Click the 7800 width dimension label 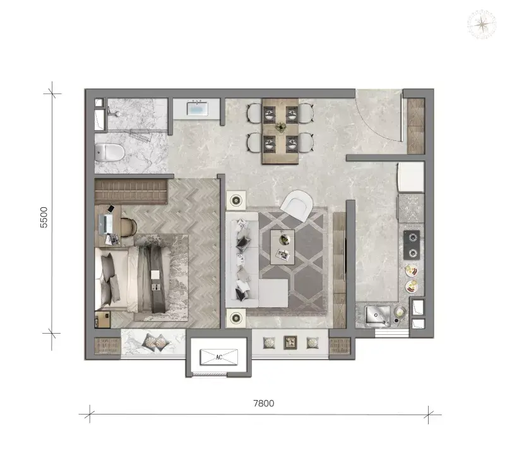coord(264,403)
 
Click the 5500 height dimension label coord(44,217)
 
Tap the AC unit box coord(219,357)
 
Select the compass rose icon coord(482,25)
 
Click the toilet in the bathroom coord(110,152)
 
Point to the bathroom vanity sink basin coord(197,109)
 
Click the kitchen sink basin coord(378,315)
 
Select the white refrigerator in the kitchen coord(411,178)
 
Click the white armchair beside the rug coord(297,205)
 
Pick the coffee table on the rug coord(282,247)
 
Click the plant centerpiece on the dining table coord(280,127)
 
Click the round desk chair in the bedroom coord(128,227)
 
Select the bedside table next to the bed coord(103,320)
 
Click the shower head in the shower coord(117,114)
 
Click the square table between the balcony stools coord(290,343)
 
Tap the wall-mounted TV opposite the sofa coord(345,259)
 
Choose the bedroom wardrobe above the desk coord(131,191)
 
